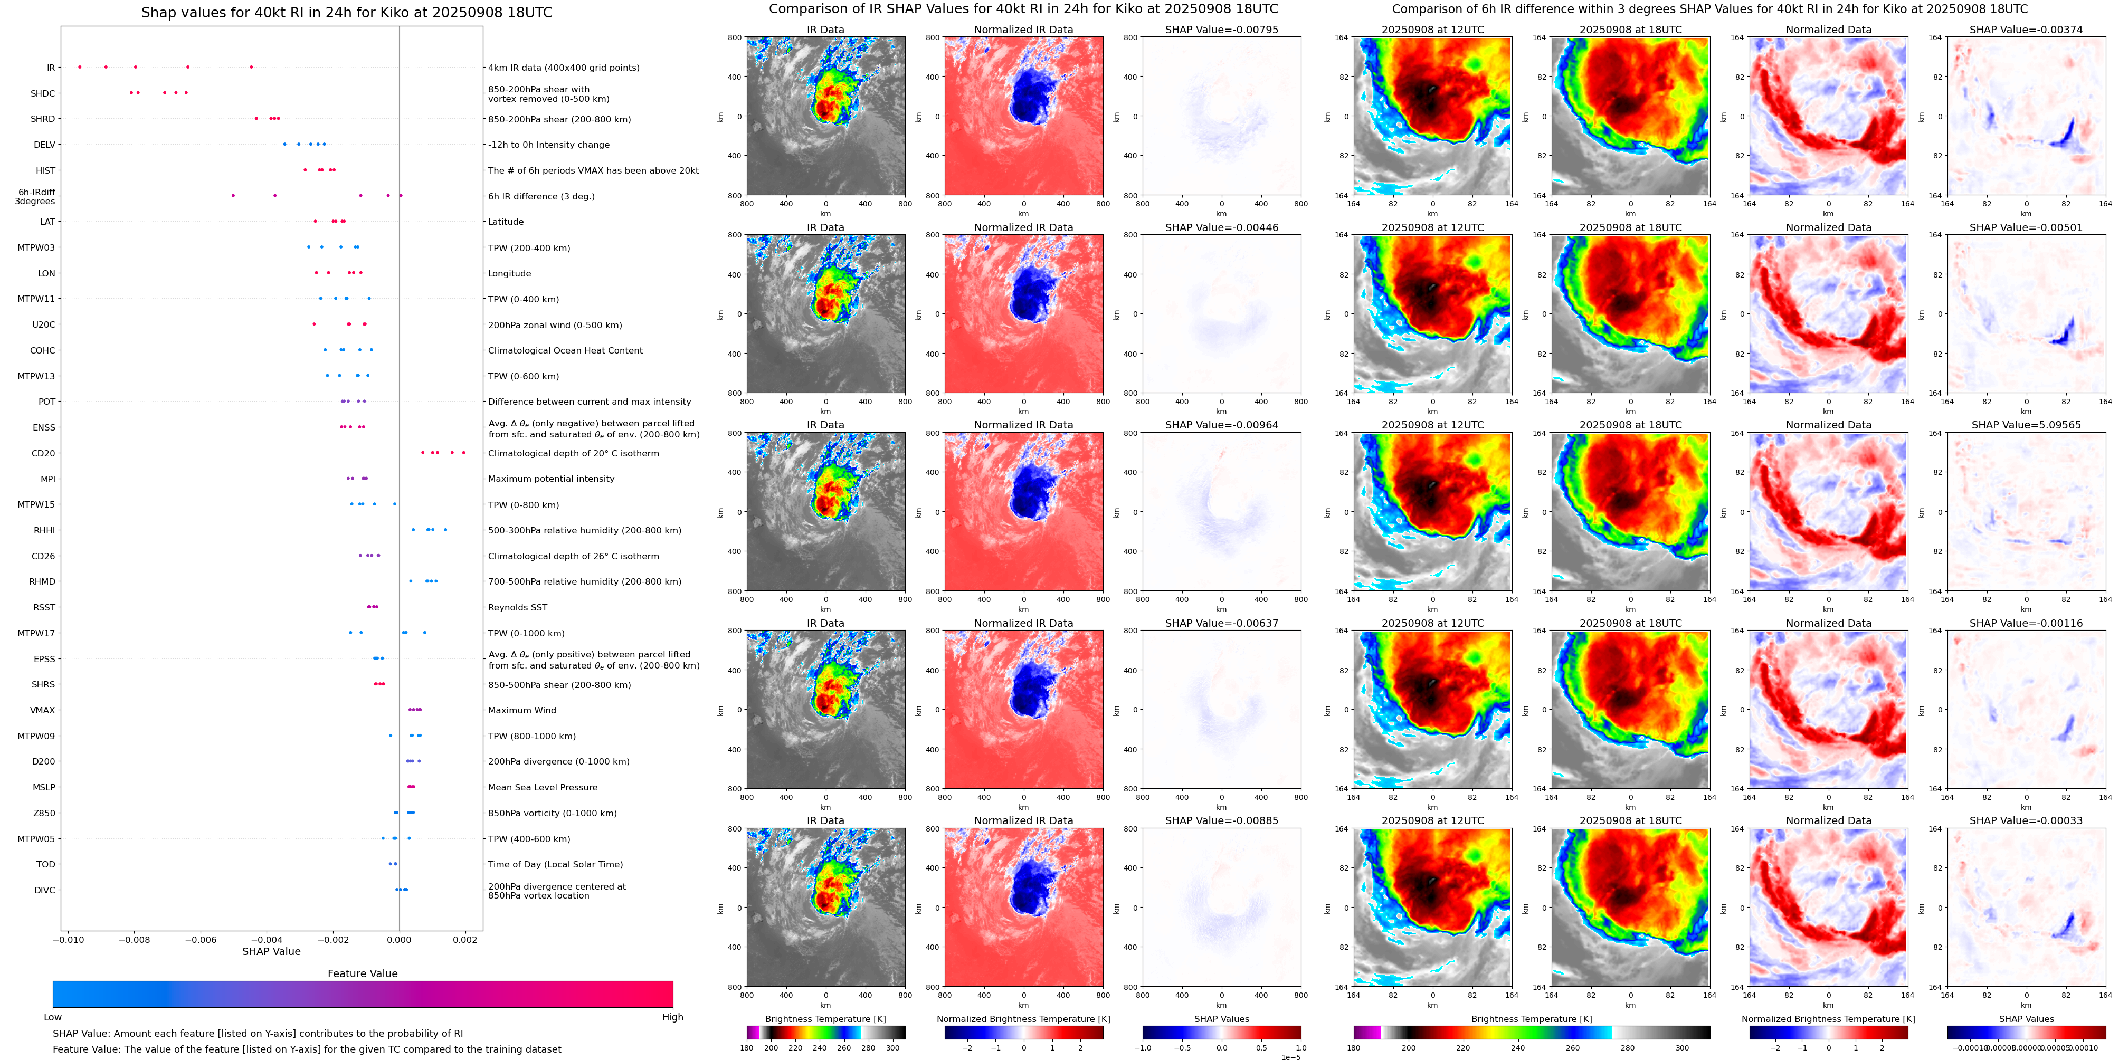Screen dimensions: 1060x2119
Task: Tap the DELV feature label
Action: (x=44, y=145)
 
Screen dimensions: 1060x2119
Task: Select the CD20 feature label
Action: (x=44, y=453)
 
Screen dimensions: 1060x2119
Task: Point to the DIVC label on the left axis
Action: (x=44, y=890)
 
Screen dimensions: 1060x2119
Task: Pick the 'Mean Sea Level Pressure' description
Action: (x=543, y=787)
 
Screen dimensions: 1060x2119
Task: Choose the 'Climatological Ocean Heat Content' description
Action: (x=565, y=350)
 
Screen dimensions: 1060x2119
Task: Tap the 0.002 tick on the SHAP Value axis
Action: (x=465, y=940)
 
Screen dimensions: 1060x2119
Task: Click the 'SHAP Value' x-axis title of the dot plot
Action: (x=271, y=951)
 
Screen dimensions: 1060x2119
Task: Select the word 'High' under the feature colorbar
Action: (x=673, y=1017)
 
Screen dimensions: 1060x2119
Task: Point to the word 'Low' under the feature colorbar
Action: (x=53, y=1017)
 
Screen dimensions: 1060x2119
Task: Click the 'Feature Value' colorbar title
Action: (x=363, y=973)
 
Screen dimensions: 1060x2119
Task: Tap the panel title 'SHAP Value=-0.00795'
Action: (x=1222, y=30)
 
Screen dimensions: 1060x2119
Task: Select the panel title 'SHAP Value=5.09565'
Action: (x=2026, y=425)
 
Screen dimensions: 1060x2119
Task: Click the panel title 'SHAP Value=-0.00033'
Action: (x=2026, y=820)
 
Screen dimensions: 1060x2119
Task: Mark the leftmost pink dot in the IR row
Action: (x=80, y=66)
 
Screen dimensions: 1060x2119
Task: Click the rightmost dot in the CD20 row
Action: (x=464, y=452)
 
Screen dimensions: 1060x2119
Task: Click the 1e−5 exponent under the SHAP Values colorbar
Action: (x=1290, y=1057)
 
